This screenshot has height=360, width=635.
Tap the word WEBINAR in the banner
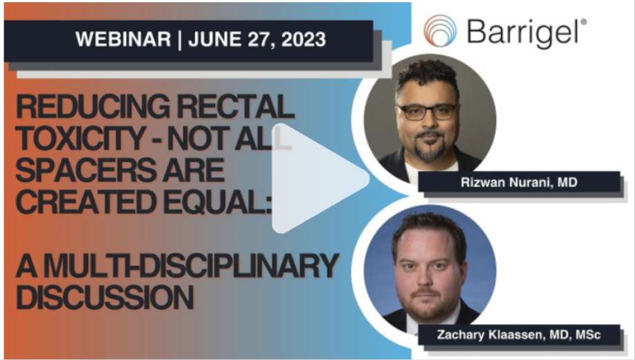click(123, 39)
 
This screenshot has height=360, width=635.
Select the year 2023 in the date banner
click(303, 39)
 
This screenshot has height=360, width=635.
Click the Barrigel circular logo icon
click(440, 30)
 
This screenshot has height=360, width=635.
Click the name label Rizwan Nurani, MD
click(518, 182)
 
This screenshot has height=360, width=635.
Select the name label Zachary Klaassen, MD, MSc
click(518, 335)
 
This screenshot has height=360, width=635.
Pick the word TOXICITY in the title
click(81, 138)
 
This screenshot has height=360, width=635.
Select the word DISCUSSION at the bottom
click(105, 297)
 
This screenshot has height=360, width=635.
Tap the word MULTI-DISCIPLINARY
click(191, 266)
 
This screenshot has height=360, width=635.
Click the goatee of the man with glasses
click(430, 148)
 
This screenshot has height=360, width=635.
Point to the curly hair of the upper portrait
click(427, 75)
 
